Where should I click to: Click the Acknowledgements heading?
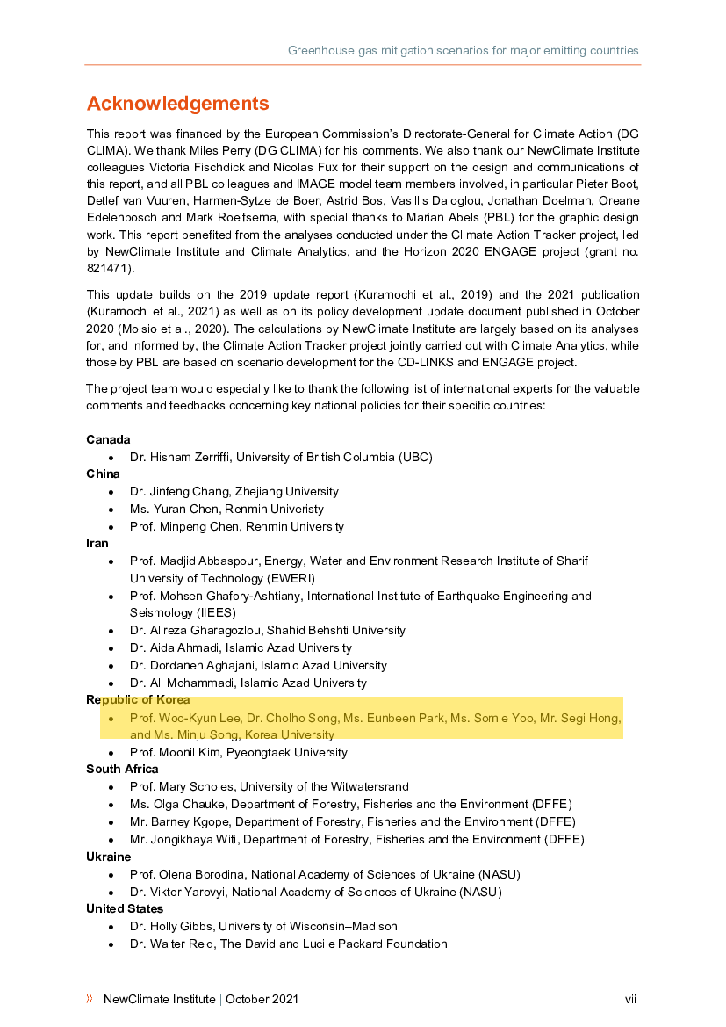click(177, 104)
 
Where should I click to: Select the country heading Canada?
click(108, 439)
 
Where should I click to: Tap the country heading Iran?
click(97, 543)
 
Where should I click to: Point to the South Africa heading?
click(122, 769)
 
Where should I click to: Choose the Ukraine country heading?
click(108, 856)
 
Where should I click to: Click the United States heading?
click(125, 908)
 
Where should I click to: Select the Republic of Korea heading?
click(138, 699)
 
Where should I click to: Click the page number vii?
click(630, 999)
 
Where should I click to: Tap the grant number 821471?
click(109, 270)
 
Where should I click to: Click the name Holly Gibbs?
click(181, 926)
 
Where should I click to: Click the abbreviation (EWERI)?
click(286, 578)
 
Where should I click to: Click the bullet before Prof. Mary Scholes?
click(111, 787)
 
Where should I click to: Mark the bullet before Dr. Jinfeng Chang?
click(111, 492)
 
